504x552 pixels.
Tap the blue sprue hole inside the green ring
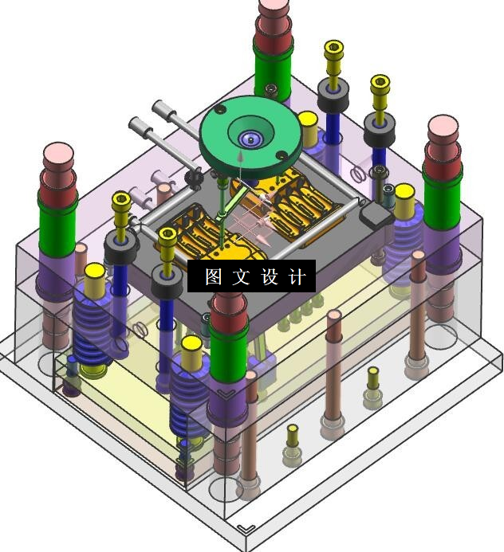pyautogui.click(x=250, y=139)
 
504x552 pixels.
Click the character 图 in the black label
pyautogui.click(x=214, y=276)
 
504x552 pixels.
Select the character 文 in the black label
pyautogui.click(x=242, y=276)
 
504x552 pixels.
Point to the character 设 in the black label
pyautogui.click(x=270, y=276)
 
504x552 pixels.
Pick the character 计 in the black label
pyautogui.click(x=297, y=276)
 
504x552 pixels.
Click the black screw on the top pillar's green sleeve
pyautogui.click(x=270, y=90)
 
